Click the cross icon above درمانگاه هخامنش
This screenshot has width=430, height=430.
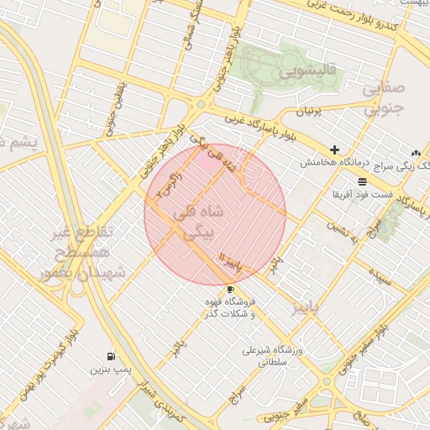pos(334,149)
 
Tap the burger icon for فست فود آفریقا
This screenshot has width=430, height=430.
pos(361,181)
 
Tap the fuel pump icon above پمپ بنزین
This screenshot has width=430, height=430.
pos(112,355)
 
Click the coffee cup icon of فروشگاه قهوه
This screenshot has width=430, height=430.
pos(230,289)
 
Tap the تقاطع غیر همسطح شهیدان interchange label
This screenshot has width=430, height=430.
pos(80,252)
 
